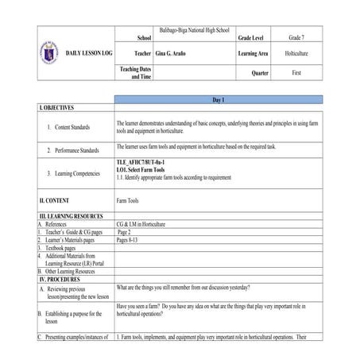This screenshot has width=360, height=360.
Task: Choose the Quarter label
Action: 260,73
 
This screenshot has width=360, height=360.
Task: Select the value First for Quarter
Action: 296,73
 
